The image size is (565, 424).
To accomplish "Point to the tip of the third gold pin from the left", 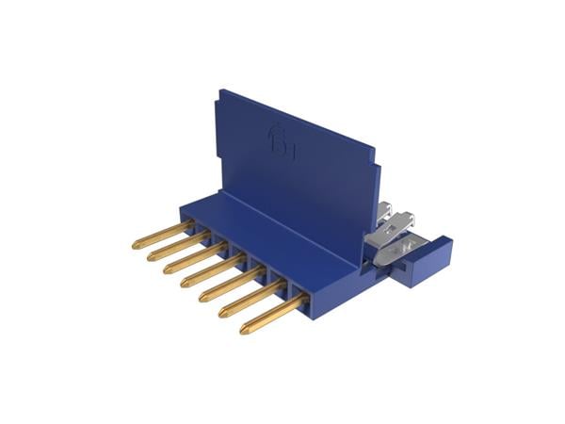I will tap(167, 269).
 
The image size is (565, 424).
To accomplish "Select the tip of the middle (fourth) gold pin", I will tap(184, 284).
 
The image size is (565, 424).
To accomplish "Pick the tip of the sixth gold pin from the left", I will tap(221, 314).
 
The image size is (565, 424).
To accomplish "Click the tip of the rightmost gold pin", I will tap(243, 331).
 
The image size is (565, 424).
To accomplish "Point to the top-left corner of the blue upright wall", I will tap(221, 91).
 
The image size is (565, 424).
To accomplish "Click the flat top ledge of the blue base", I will tap(282, 236).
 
